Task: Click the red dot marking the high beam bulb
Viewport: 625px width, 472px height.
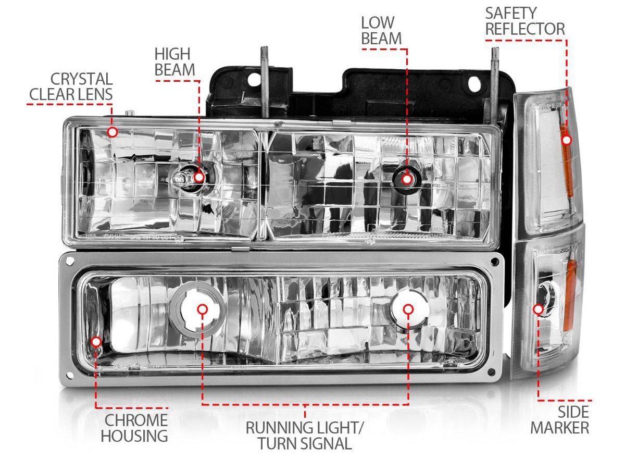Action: (199, 177)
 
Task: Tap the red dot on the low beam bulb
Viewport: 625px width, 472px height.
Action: (407, 179)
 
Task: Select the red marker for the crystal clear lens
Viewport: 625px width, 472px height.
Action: (112, 132)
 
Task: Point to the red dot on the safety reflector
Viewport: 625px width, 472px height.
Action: (567, 140)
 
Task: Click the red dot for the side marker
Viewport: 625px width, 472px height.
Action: (539, 309)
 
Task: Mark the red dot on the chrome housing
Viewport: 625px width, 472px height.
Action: (96, 342)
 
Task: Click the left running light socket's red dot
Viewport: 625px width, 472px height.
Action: (203, 309)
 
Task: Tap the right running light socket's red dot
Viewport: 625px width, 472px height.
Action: (408, 309)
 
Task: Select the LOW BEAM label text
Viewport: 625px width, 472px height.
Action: (381, 31)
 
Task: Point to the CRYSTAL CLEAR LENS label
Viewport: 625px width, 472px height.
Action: (71, 86)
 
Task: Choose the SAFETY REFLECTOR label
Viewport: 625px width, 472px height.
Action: (524, 21)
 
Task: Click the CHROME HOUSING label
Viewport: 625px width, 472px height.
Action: (134, 428)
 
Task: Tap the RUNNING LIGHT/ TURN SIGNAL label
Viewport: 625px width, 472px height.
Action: (305, 436)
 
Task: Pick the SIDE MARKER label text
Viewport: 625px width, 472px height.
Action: (560, 420)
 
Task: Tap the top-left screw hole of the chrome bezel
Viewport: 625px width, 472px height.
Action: (69, 259)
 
